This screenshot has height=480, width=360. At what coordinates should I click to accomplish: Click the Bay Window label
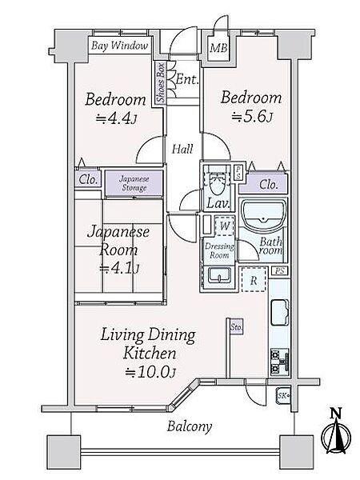point(120,46)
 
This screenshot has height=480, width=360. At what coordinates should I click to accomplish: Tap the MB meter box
point(218,48)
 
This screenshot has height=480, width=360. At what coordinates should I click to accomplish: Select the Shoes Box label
point(161,82)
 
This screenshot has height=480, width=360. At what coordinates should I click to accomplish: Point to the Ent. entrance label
point(187,79)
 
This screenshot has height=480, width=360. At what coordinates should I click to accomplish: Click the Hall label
point(182,150)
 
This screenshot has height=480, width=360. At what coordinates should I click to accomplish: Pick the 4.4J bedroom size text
point(116,118)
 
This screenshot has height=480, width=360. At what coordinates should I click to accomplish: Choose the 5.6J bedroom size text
point(253,117)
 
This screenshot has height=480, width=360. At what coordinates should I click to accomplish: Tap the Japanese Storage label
point(134,183)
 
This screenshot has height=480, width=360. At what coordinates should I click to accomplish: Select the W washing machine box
point(225,226)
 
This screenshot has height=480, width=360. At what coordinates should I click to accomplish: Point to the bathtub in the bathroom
point(263,215)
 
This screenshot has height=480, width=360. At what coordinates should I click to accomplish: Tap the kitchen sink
point(280,313)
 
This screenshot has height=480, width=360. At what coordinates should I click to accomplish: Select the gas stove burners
point(279,362)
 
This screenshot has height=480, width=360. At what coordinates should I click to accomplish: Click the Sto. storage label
point(236,327)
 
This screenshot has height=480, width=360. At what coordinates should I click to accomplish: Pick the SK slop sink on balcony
point(283,396)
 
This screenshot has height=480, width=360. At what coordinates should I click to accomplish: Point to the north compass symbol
point(336,432)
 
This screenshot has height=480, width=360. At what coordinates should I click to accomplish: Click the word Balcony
point(190,426)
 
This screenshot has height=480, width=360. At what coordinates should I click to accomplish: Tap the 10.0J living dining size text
point(150,373)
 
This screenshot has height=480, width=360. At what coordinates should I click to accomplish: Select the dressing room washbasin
point(219,275)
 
